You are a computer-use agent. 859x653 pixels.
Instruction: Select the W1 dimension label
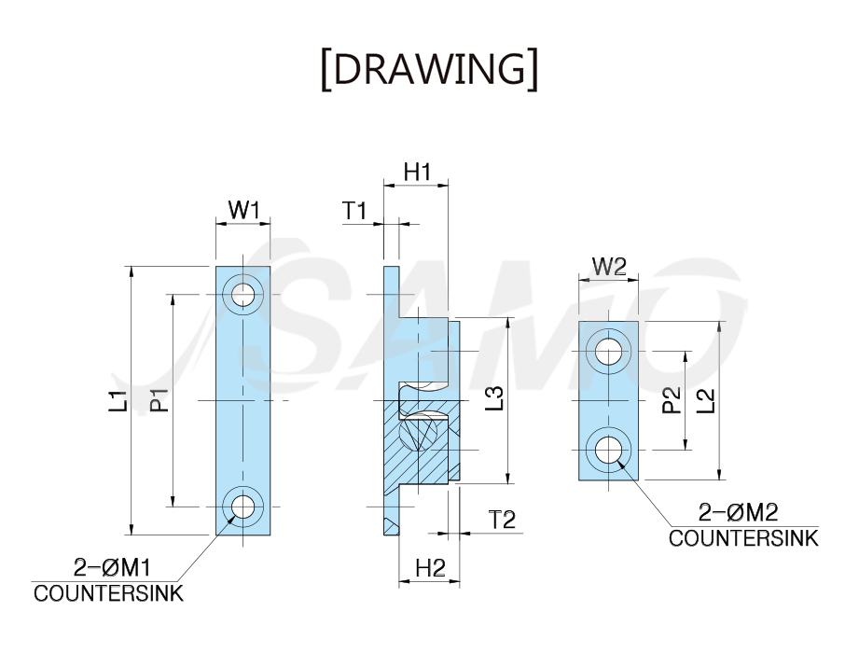(242, 210)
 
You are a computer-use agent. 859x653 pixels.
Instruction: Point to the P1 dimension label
(160, 400)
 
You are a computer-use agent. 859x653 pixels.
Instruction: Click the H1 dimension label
(418, 172)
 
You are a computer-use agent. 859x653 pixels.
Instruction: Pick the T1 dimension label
(354, 211)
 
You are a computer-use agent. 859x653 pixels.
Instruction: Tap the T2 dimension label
(502, 520)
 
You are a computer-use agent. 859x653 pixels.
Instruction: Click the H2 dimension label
(431, 568)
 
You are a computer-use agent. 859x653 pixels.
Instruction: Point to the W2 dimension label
(609, 267)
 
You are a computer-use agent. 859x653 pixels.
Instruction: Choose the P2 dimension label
(672, 400)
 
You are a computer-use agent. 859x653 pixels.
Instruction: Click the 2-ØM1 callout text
(112, 567)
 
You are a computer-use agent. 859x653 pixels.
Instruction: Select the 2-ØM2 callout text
(739, 513)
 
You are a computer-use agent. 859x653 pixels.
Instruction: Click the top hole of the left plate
(242, 295)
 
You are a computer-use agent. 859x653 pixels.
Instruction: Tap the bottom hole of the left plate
(242, 507)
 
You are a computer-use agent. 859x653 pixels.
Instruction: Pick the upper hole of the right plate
(608, 351)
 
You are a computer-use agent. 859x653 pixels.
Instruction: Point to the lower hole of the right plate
(608, 450)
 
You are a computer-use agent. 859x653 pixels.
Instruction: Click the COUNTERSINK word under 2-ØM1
(108, 594)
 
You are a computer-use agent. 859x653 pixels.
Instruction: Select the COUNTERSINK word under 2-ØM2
(743, 538)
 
